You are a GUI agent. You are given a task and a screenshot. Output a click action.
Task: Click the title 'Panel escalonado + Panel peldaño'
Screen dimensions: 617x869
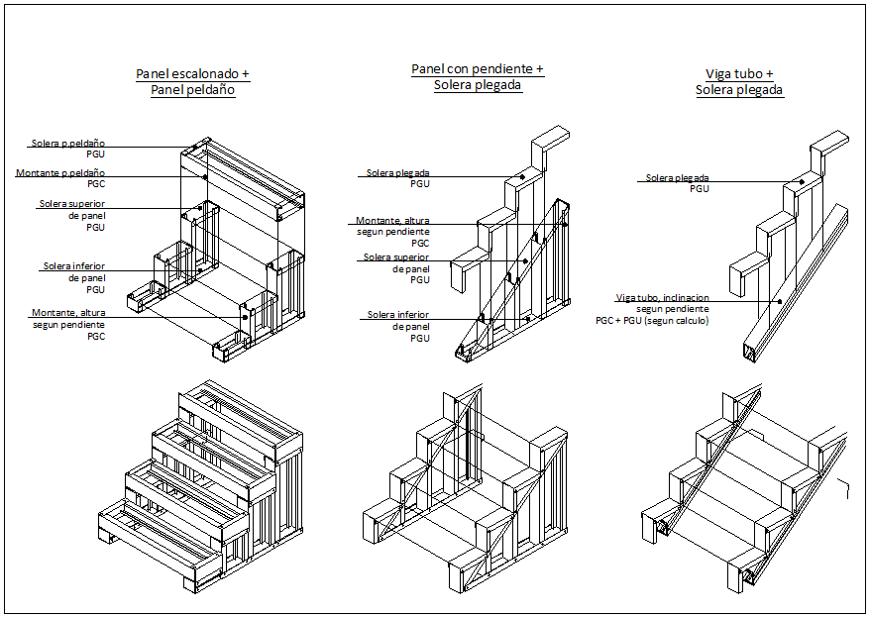click(192, 81)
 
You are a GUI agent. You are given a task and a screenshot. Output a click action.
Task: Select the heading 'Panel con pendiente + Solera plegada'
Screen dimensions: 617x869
click(478, 77)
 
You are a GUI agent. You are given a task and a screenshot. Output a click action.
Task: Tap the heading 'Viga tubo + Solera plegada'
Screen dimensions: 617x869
click(739, 81)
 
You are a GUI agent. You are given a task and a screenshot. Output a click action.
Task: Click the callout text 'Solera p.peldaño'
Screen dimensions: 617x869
click(68, 144)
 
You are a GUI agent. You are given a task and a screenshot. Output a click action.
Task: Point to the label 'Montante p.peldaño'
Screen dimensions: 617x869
click(60, 173)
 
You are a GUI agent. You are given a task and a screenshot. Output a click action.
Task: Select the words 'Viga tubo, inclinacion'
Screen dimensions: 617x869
click(661, 297)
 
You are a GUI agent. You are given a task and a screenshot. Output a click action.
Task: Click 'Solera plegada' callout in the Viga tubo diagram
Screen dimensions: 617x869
click(677, 178)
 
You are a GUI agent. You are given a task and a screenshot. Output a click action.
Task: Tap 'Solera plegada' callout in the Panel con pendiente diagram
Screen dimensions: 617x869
click(397, 173)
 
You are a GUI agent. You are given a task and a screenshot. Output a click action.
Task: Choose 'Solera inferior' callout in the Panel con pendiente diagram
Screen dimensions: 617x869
click(398, 315)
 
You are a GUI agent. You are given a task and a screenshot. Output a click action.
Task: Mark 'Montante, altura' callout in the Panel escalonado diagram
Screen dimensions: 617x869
click(68, 313)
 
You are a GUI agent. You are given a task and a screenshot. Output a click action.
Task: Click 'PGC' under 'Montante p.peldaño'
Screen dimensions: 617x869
click(96, 184)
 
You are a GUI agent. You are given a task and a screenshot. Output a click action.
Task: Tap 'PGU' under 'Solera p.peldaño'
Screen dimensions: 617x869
click(96, 154)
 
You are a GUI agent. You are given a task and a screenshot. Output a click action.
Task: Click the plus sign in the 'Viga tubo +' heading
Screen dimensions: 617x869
click(769, 74)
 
